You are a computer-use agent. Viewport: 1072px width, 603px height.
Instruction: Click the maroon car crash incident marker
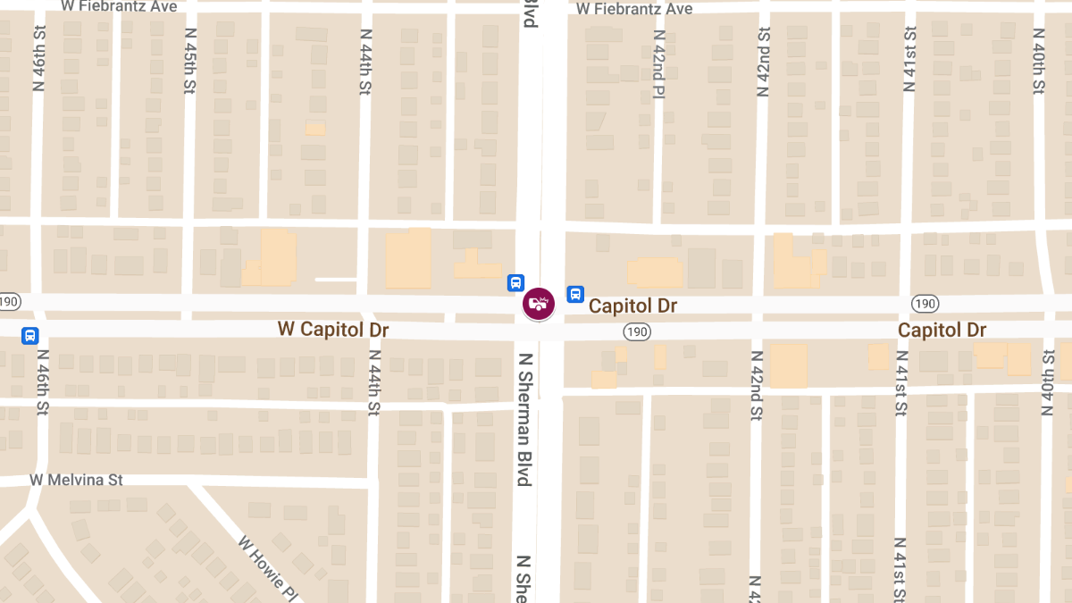click(538, 303)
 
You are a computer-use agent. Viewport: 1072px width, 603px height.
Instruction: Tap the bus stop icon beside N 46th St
click(30, 336)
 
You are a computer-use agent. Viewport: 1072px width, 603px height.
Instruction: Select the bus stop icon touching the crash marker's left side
click(515, 283)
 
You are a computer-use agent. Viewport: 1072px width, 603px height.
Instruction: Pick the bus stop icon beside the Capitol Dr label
click(575, 293)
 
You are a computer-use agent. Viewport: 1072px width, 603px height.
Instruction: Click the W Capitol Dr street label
click(333, 329)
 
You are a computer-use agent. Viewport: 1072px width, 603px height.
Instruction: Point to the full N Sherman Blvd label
click(524, 420)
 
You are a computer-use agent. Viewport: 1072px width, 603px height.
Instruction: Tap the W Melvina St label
click(77, 480)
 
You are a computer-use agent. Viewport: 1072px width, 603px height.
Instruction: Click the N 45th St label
click(190, 60)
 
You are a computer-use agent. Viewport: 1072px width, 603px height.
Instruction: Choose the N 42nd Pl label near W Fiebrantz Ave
click(658, 65)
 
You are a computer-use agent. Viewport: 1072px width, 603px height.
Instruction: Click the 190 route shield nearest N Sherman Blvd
click(637, 331)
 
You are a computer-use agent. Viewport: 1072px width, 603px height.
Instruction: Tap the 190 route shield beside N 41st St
click(925, 304)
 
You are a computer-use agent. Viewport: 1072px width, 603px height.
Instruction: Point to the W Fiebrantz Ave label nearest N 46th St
click(119, 6)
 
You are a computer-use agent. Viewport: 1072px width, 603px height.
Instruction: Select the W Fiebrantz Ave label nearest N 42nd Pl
click(634, 8)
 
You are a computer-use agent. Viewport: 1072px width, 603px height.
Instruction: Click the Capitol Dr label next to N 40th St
click(942, 330)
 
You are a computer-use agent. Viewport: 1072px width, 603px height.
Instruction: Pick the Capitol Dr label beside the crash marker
click(632, 306)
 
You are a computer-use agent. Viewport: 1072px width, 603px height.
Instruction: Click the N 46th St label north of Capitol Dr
click(39, 60)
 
